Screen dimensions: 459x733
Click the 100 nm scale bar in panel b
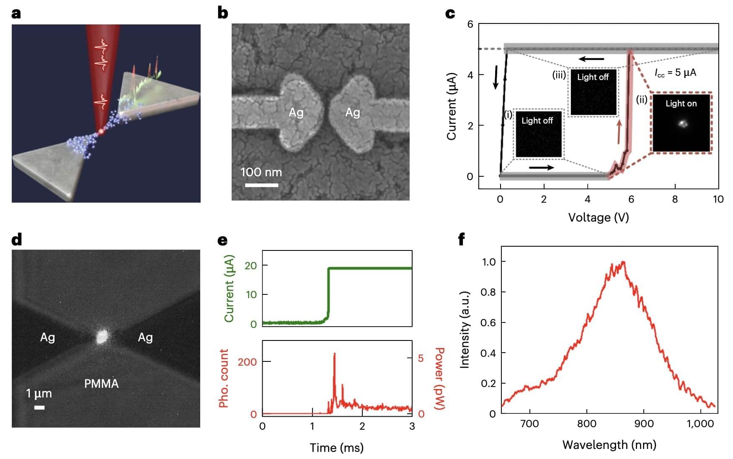coord(261,185)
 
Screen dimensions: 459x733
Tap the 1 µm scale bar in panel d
coord(39,407)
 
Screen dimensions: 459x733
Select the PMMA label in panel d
coord(101,384)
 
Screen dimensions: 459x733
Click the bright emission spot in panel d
coord(101,337)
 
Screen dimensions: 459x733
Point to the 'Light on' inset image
coord(681,123)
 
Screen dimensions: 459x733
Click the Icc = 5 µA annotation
coord(675,73)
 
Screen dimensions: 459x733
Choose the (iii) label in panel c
coord(559,75)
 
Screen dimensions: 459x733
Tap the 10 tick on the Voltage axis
coord(718,199)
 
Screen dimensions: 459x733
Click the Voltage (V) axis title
coord(598,217)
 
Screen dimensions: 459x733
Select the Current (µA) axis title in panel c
coord(451,106)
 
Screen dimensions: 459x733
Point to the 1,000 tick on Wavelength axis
coord(700,424)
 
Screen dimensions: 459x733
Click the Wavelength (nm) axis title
coord(609,445)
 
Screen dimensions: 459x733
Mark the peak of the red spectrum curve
coord(623,263)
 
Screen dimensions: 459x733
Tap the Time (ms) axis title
coord(336,448)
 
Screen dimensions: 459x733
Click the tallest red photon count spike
coord(334,354)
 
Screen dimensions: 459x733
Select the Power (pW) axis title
coord(439,379)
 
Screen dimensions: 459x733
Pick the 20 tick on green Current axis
coord(250,266)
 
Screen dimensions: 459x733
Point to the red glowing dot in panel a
coord(101,132)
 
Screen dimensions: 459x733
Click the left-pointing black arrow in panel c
coord(591,59)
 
